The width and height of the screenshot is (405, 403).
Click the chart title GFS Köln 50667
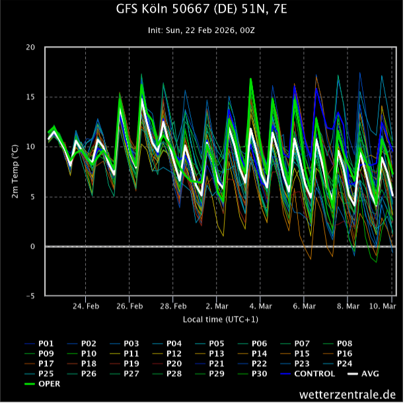[x=202, y=9]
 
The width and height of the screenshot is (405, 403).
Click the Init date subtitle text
[x=202, y=31]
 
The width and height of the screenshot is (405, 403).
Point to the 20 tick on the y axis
[x=31, y=47]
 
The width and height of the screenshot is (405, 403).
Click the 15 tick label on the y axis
[x=31, y=98]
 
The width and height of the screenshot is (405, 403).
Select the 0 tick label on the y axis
[x=34, y=247]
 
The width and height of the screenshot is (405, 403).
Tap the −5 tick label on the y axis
[x=31, y=296]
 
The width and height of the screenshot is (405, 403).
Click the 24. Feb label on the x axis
[x=86, y=306]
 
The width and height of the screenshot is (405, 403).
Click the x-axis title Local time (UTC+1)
[x=221, y=319]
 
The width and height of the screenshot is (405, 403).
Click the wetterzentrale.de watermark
[x=347, y=394]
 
